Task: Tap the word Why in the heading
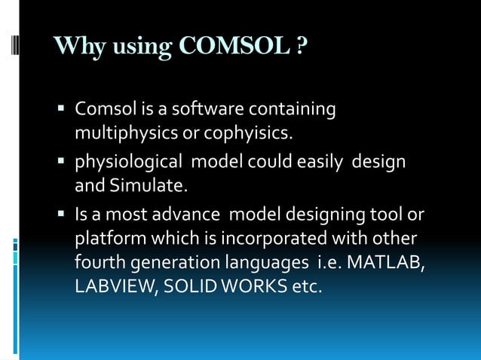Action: [x=76, y=47]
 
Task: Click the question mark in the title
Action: [x=302, y=47]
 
